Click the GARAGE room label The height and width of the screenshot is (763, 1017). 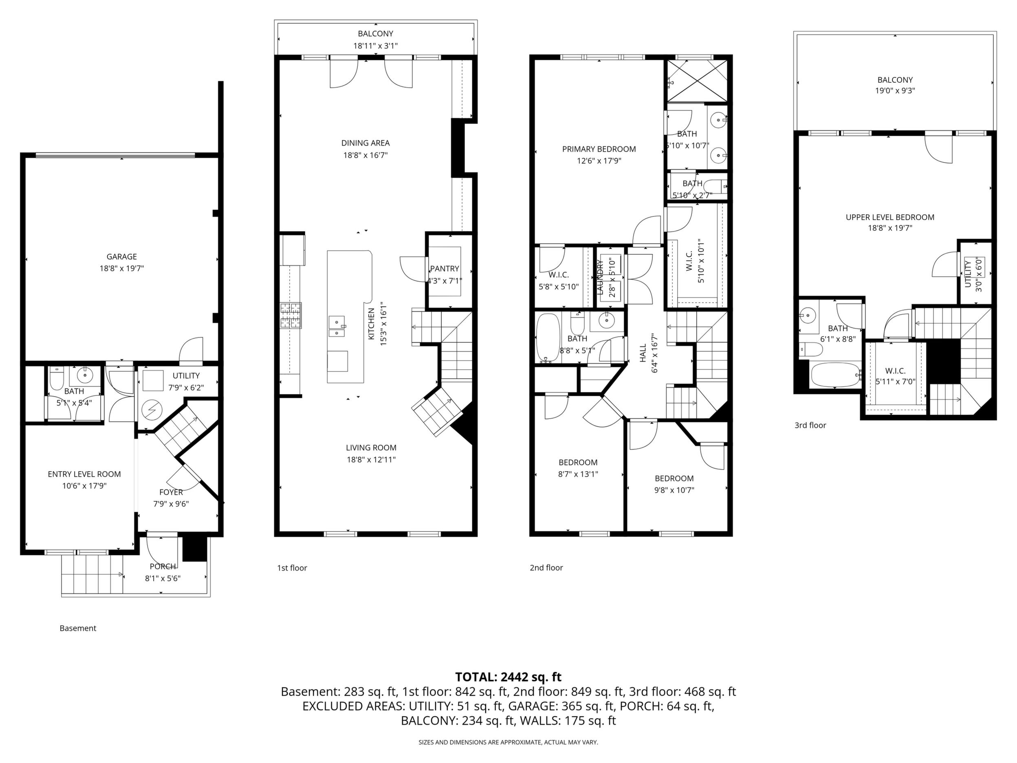122,257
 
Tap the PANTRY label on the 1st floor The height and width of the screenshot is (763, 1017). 445,269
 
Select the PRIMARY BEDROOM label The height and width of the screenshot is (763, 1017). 599,149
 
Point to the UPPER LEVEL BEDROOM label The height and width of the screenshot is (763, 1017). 890,217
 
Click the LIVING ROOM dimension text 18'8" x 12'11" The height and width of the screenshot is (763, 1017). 371,459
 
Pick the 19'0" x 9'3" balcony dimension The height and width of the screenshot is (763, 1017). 895,90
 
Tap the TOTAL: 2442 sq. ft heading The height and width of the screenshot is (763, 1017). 508,677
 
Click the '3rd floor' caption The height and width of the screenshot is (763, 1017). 810,426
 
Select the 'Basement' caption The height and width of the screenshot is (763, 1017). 78,628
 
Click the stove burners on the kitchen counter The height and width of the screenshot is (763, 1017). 291,316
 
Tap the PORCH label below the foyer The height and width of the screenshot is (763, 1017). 163,567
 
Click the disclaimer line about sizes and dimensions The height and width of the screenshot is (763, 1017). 508,742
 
